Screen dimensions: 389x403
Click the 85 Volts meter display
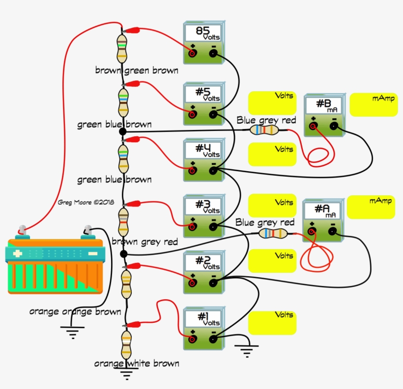click(204, 33)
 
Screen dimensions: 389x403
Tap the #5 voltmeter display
click(204, 94)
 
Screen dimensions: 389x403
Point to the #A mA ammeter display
click(322, 211)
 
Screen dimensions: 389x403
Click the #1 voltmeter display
click(204, 319)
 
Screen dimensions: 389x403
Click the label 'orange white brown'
click(137, 363)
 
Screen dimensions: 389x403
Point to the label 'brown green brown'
click(137, 71)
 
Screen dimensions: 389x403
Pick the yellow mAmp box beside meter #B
click(373, 104)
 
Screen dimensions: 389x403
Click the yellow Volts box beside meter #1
click(272, 323)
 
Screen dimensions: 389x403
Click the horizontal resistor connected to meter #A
click(273, 233)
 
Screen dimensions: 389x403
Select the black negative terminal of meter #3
click(213, 227)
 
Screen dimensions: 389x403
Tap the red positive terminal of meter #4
click(193, 171)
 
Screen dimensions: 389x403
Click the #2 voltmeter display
click(204, 262)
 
